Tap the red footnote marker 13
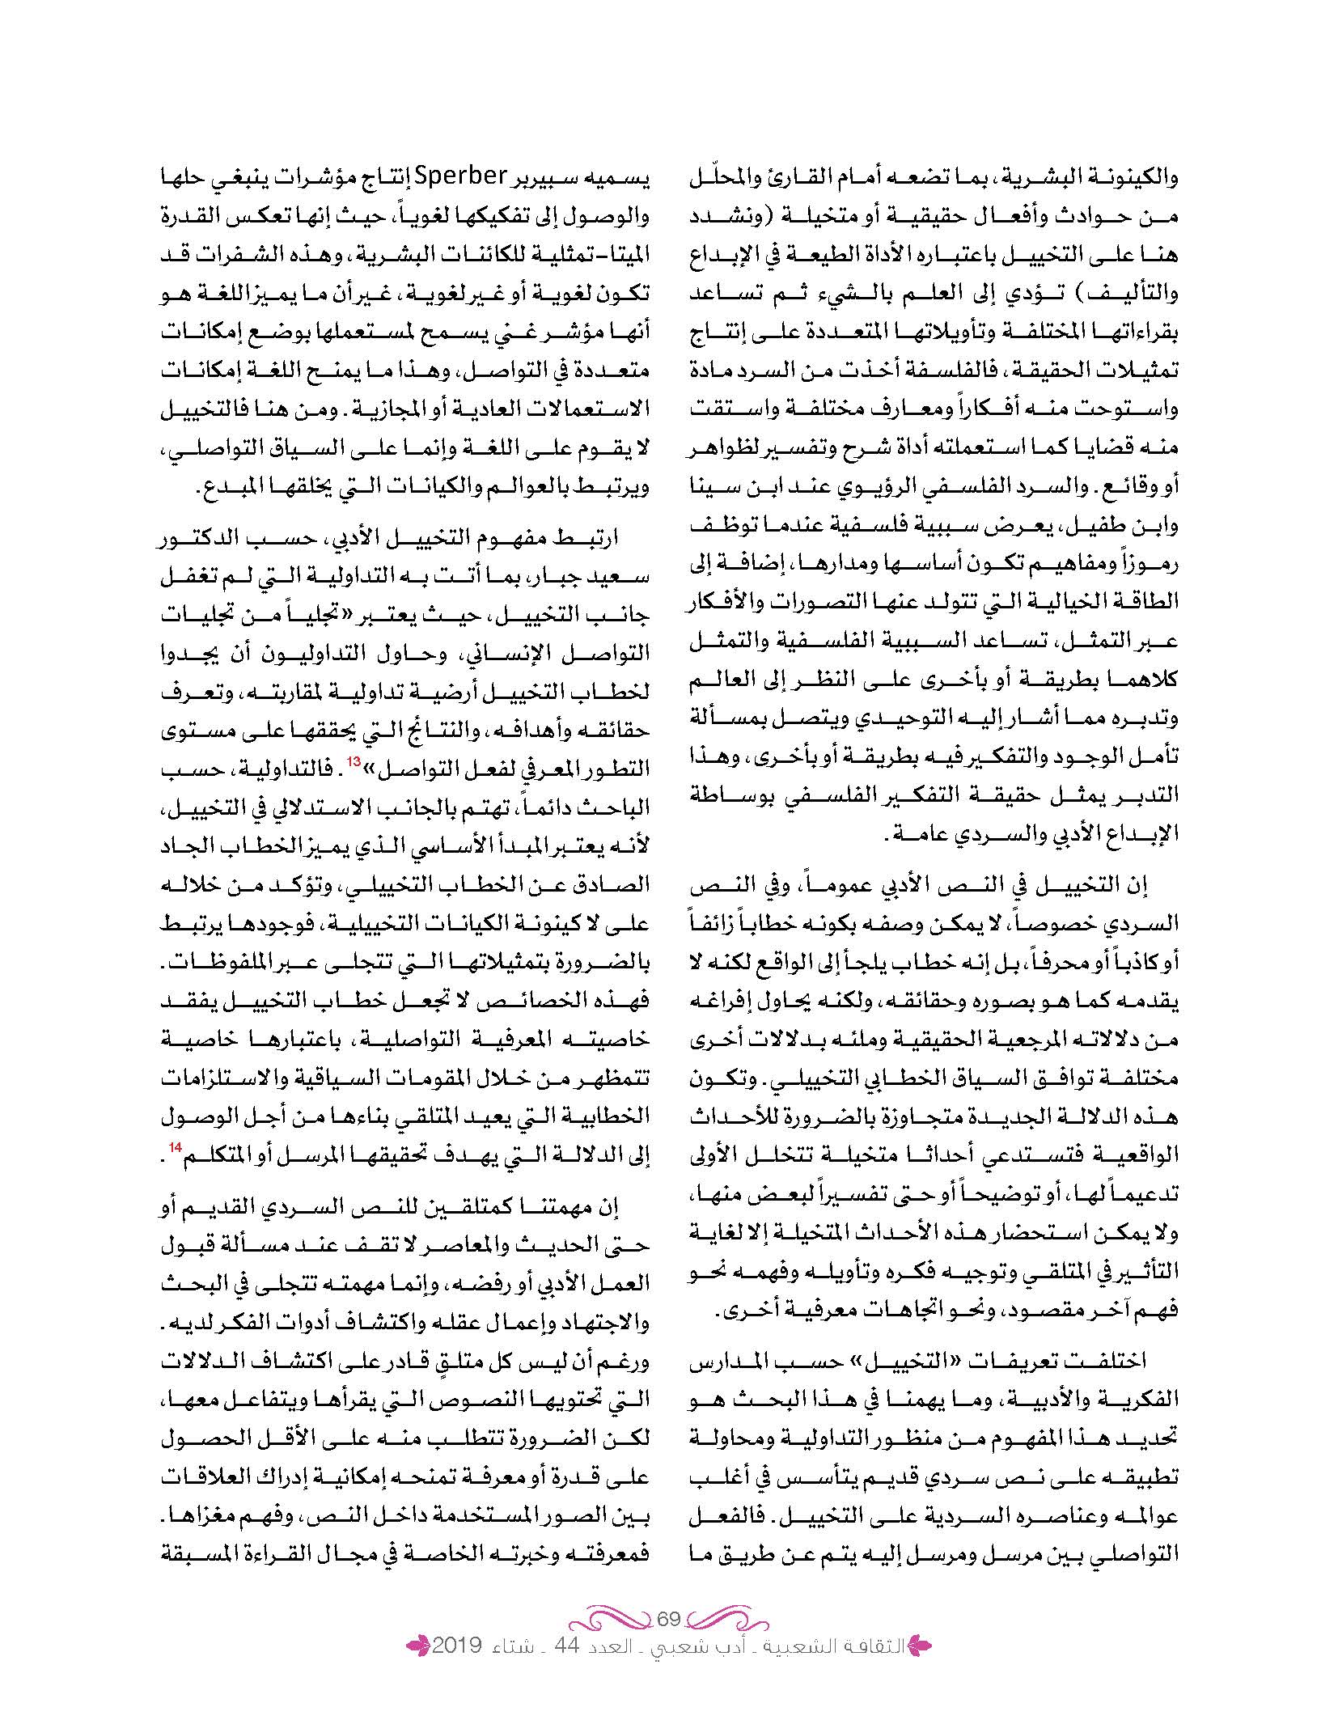[354, 761]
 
